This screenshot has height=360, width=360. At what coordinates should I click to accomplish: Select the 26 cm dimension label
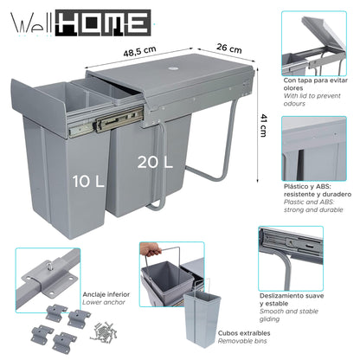(x=229, y=47)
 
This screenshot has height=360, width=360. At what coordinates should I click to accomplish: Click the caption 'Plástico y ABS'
(x=307, y=186)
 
